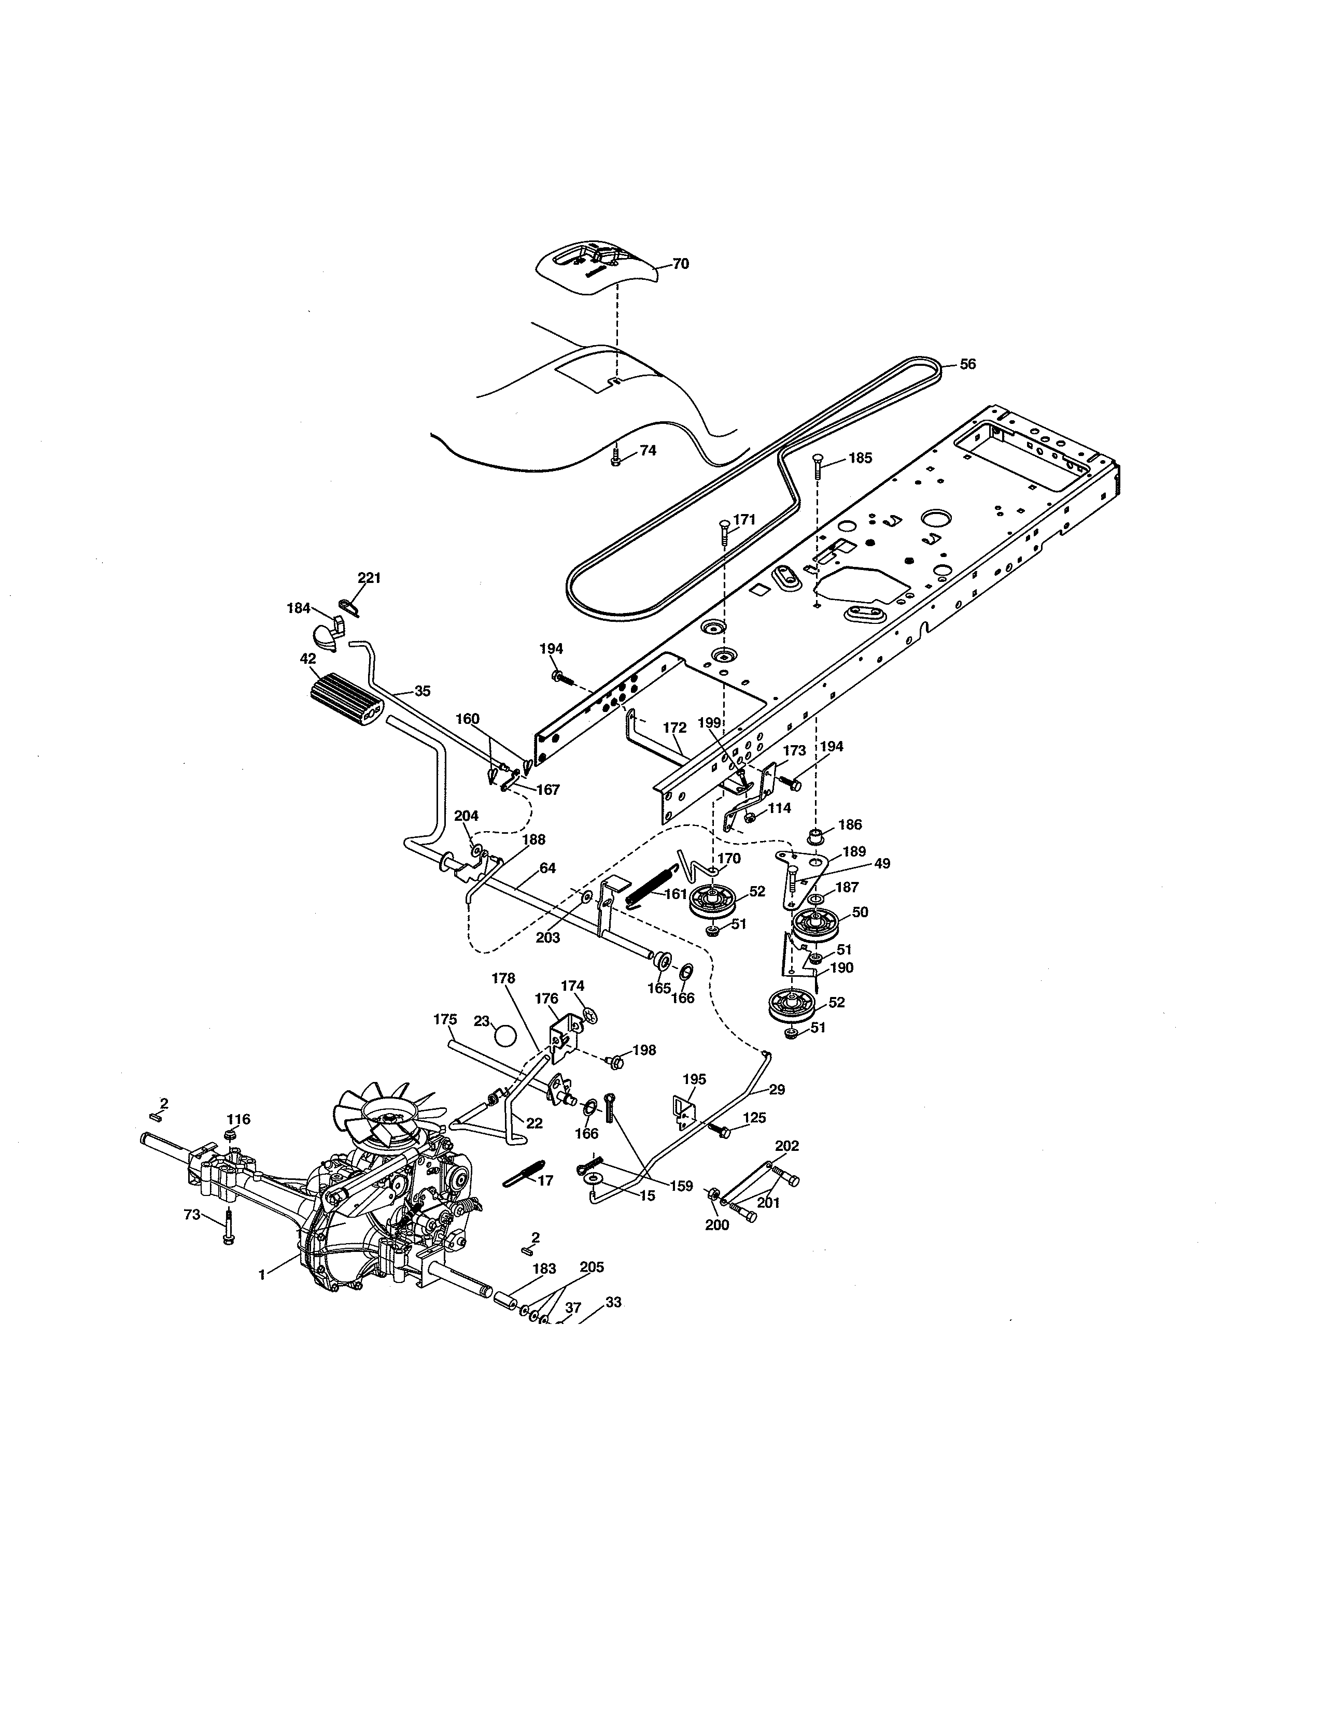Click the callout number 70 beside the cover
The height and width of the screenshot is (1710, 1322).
click(681, 264)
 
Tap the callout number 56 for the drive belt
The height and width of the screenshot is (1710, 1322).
click(968, 364)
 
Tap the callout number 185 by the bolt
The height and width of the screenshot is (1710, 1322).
click(860, 458)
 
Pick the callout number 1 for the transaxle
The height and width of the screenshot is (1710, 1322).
click(262, 1275)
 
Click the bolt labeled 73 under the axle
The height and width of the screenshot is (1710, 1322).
click(228, 1227)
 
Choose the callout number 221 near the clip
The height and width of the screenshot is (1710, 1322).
click(369, 578)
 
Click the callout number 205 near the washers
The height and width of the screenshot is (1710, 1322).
click(592, 1267)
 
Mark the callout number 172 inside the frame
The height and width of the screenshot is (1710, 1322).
click(674, 728)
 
